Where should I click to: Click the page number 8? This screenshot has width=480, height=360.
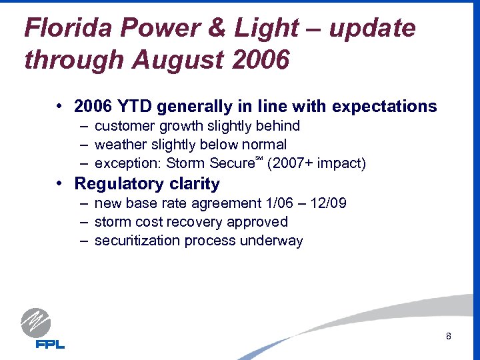(x=449, y=336)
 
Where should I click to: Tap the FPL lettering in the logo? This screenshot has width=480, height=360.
(x=50, y=344)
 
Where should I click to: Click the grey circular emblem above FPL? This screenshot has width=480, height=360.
(x=36, y=323)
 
